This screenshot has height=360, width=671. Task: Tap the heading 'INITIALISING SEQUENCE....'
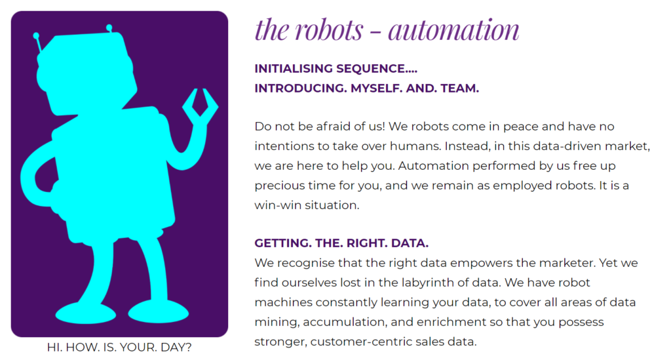coord(336,68)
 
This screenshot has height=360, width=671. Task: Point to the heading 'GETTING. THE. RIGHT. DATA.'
coord(341,243)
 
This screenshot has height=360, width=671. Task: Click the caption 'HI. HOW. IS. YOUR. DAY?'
coord(119,347)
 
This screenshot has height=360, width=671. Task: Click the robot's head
coord(88,73)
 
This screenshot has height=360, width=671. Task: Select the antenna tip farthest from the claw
coord(37,36)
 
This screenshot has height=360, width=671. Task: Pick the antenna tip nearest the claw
coord(109,28)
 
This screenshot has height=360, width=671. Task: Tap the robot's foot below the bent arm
coord(86,313)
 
